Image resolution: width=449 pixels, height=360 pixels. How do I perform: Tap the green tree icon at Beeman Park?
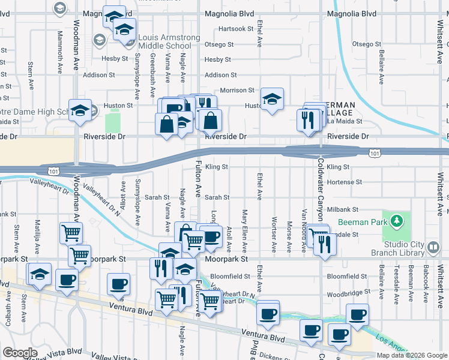[396, 221]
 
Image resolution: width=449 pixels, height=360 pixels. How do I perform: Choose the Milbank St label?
[343, 209]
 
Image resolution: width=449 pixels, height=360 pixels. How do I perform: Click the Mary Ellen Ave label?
[245, 230]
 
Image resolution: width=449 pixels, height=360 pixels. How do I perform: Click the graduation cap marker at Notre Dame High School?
[80, 110]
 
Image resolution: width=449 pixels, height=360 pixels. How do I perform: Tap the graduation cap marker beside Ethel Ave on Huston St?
[272, 99]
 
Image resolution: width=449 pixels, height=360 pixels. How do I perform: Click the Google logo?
[20, 353]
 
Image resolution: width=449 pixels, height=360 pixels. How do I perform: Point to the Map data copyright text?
[412, 355]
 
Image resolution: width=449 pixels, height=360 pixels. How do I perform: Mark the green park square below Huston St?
[112, 122]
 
